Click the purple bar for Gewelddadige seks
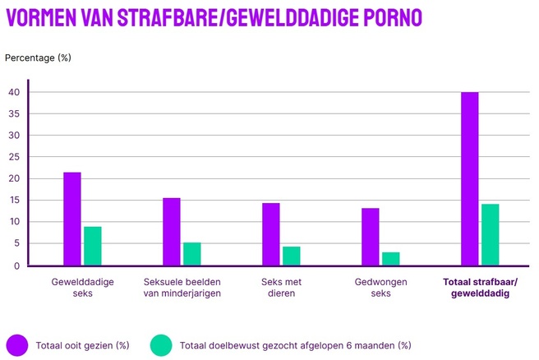(72, 219)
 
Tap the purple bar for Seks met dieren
(271, 234)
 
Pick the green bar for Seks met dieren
(292, 256)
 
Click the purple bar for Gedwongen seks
(371, 237)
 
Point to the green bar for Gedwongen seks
(391, 258)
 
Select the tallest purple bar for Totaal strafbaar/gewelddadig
(470, 178)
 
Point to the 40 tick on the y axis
(15, 92)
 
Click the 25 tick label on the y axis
(15, 157)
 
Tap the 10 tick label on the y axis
(15, 222)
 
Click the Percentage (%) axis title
(38, 58)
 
